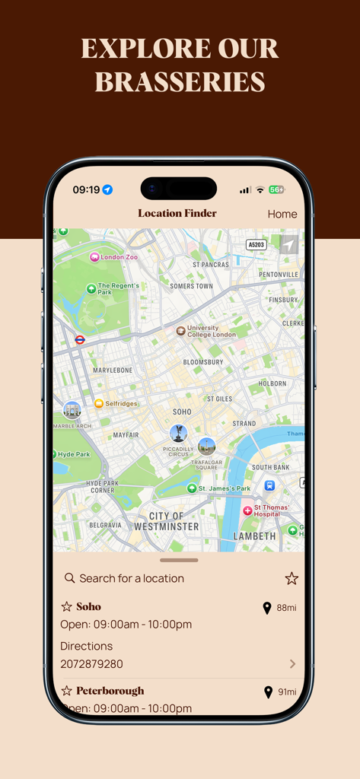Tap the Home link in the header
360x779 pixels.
282,215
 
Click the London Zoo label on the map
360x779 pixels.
119,257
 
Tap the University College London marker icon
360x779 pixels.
180,331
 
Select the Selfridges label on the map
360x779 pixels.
121,403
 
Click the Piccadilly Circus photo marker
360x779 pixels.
178,434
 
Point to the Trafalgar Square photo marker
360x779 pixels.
206,447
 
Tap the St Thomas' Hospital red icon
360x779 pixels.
247,511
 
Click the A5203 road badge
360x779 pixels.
256,244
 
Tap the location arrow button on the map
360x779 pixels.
288,244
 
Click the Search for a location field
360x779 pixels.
132,578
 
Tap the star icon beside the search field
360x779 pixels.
292,578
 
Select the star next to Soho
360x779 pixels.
67,607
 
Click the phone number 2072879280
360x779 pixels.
91,664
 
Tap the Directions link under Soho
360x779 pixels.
86,646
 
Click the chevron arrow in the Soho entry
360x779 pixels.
292,664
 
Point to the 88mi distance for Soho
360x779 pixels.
286,608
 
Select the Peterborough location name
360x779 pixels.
110,691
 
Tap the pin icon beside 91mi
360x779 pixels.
268,692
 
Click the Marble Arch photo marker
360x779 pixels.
72,411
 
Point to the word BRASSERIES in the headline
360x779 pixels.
180,81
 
